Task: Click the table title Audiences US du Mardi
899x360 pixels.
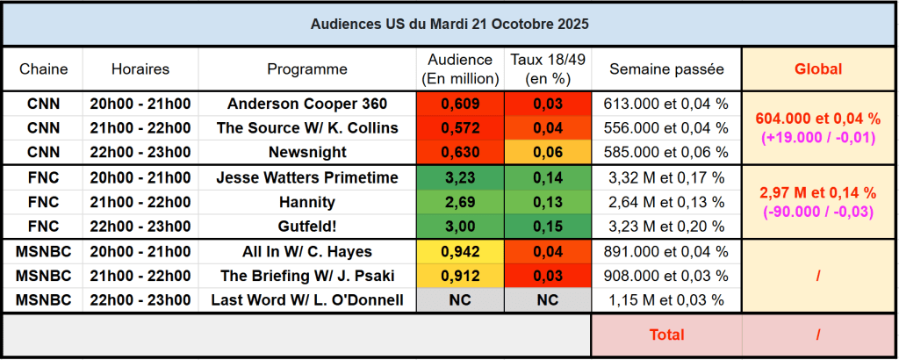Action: [449, 24]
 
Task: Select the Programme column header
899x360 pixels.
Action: [307, 68]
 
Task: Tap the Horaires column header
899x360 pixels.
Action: [140, 68]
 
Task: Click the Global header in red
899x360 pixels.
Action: [818, 68]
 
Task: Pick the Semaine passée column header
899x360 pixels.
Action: [666, 68]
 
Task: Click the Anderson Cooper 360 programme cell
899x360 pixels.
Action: [307, 104]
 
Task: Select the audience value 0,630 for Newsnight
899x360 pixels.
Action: [460, 153]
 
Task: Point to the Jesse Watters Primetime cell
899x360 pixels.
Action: [307, 177]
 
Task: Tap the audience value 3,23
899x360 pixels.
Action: [460, 177]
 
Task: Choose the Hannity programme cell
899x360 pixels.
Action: [307, 202]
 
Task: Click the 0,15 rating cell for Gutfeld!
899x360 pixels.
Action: [548, 227]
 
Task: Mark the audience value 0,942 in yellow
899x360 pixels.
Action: [460, 251]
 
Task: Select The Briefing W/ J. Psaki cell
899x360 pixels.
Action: [307, 276]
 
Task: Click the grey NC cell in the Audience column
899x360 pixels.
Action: [460, 300]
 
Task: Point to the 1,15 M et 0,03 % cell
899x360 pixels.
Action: [666, 300]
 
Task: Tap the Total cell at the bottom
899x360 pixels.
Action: [666, 335]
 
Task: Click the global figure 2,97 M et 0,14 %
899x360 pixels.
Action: [818, 192]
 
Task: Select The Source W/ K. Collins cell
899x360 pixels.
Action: [307, 128]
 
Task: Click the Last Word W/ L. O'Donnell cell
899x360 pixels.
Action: [307, 300]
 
